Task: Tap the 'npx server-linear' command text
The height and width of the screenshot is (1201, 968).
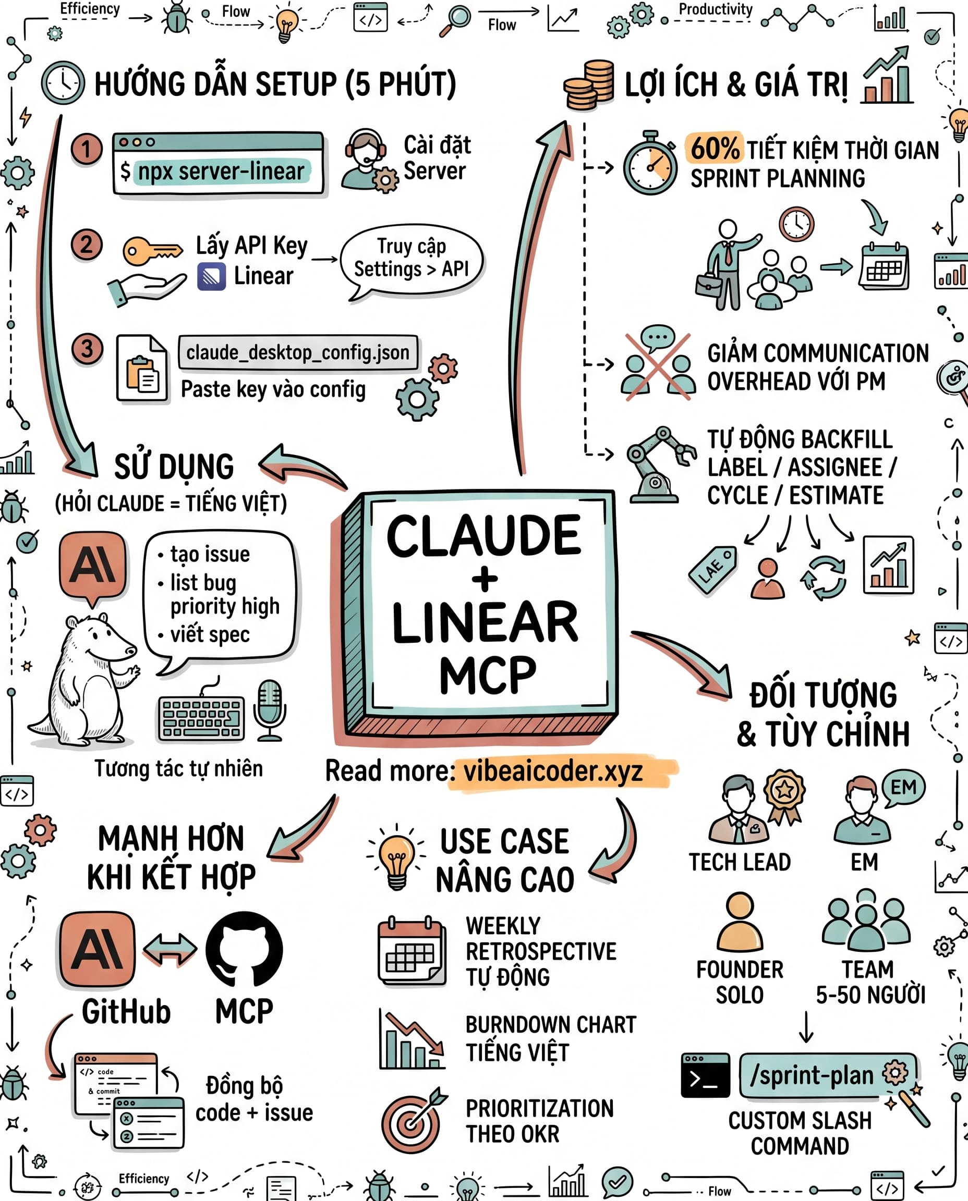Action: (x=221, y=171)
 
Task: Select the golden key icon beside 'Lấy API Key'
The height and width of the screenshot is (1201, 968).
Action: (x=152, y=251)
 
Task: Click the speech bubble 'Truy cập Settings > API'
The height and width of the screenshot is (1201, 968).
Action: (x=412, y=260)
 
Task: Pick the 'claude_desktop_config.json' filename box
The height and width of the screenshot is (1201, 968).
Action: (x=298, y=353)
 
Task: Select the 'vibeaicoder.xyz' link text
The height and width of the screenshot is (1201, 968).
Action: (x=553, y=772)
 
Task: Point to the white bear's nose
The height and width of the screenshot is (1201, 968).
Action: (x=131, y=650)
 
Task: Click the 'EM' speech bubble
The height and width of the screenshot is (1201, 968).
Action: (x=903, y=788)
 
